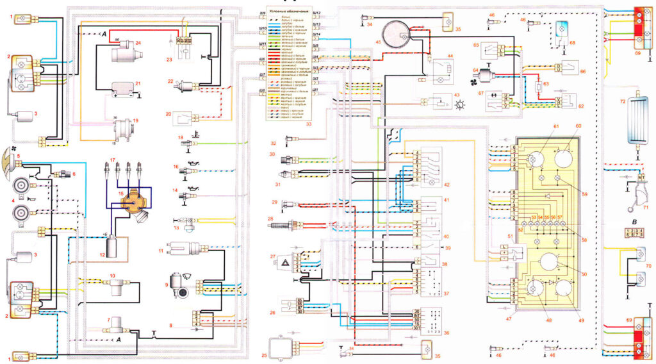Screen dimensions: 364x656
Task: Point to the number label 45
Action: click(378, 43)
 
